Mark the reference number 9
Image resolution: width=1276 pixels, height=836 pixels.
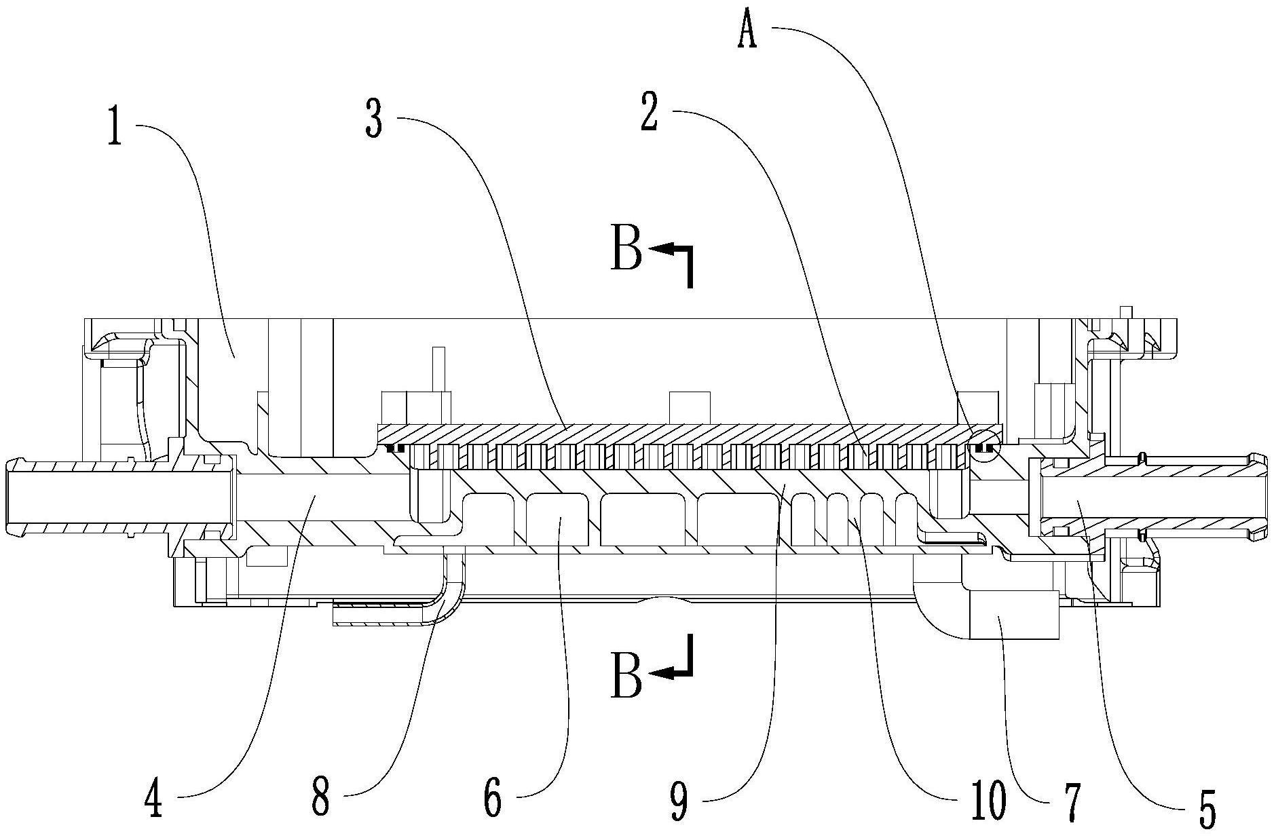tap(679, 801)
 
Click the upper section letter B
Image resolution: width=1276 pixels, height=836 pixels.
tap(626, 252)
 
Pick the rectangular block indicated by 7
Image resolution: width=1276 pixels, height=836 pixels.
tap(1015, 615)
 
